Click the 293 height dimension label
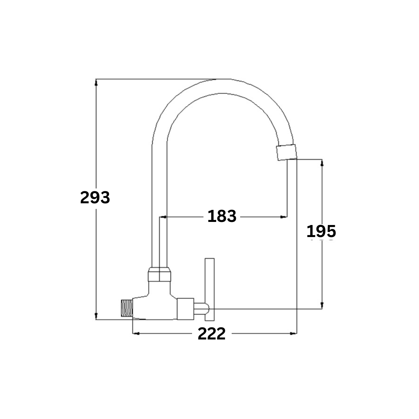(95, 198)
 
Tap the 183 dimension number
(222, 216)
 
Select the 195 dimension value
(321, 231)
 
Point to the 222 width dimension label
(212, 334)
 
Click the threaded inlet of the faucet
(127, 308)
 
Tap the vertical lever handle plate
(209, 289)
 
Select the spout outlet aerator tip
(287, 152)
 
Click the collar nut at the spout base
(159, 274)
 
